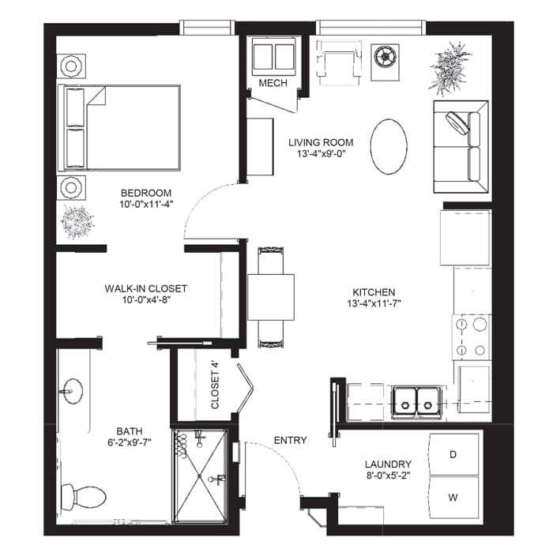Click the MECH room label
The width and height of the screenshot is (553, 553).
(x=273, y=83)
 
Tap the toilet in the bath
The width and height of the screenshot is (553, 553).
(x=84, y=496)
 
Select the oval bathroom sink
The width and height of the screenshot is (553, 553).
(x=73, y=391)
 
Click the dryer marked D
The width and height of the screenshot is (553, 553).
(x=453, y=454)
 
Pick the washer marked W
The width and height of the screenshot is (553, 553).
(x=453, y=497)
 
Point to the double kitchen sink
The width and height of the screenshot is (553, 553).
(x=416, y=401)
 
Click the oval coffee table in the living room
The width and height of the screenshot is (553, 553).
(x=389, y=146)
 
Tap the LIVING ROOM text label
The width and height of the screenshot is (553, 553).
(x=321, y=142)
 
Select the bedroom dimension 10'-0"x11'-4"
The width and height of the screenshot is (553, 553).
(x=146, y=204)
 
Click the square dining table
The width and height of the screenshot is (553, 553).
(x=271, y=297)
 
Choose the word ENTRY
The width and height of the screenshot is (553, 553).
(x=290, y=440)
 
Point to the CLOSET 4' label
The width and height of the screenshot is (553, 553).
(x=215, y=385)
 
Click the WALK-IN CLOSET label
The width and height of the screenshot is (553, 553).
(x=146, y=288)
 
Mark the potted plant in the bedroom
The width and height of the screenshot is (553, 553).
(x=77, y=222)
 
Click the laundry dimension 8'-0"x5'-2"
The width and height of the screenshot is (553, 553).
(x=388, y=476)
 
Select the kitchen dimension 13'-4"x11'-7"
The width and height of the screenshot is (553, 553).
(x=374, y=303)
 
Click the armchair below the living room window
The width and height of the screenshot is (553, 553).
(x=339, y=62)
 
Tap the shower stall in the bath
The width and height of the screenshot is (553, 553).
(x=200, y=476)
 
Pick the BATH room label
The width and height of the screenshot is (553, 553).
(x=130, y=431)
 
